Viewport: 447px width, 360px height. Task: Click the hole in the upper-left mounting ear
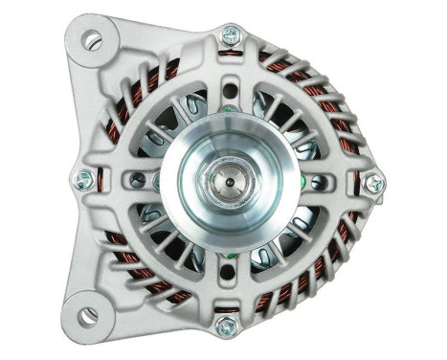[x=92, y=40]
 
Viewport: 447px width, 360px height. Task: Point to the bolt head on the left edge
[x=84, y=178]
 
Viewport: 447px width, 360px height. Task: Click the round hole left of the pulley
[x=140, y=179]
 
